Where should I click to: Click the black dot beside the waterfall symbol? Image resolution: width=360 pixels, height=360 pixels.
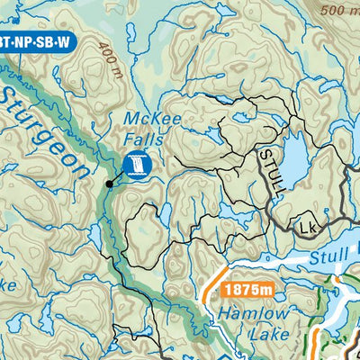click(109, 184)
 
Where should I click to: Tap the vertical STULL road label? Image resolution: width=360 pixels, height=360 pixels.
click(272, 169)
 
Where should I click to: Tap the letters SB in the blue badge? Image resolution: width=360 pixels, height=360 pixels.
click(46, 41)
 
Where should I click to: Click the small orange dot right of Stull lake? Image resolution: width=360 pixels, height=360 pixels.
click(337, 279)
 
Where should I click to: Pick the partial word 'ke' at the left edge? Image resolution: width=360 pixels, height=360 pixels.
click(7, 285)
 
